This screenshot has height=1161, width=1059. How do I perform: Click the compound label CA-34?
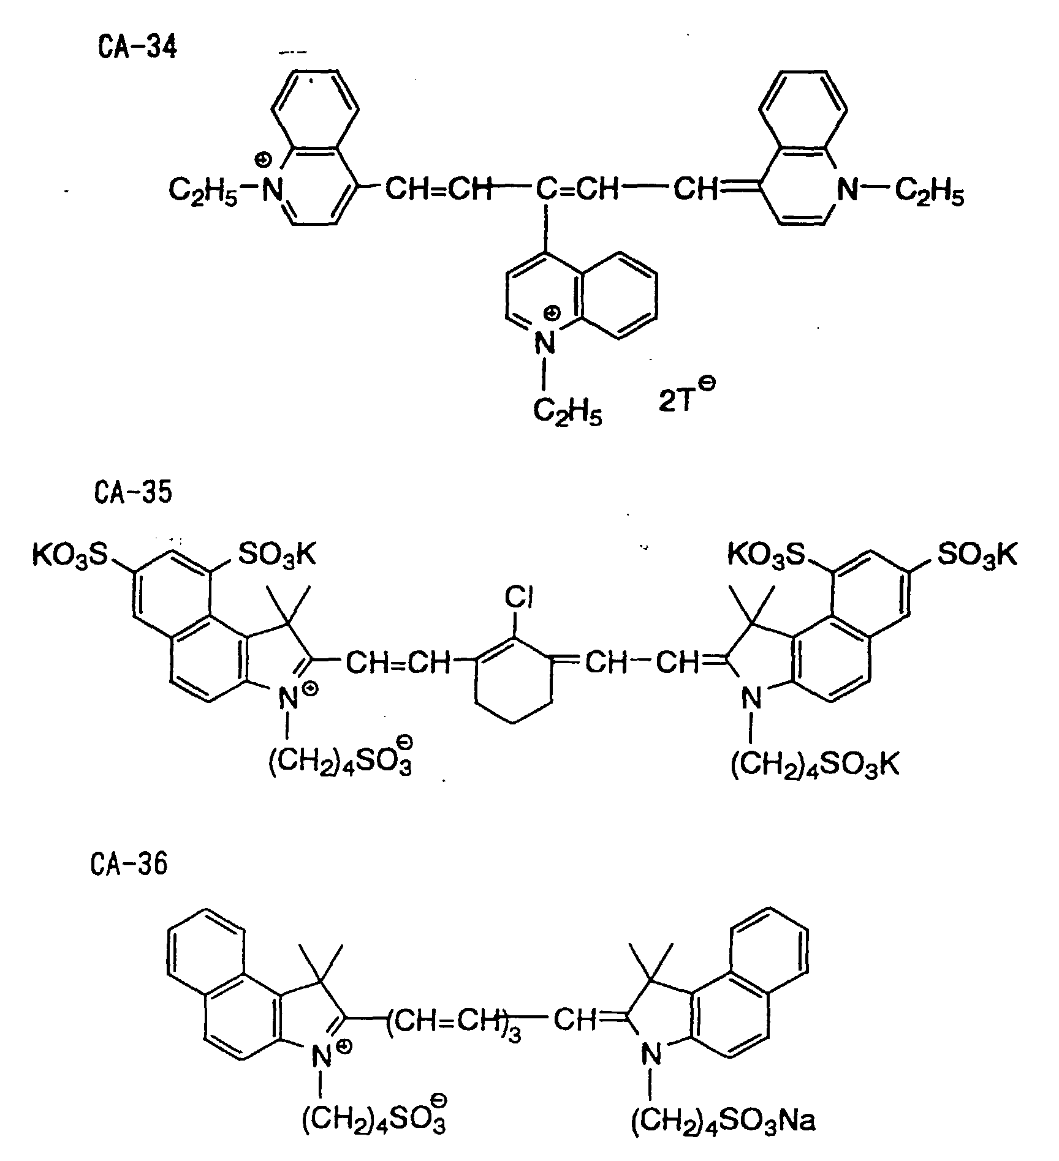pyautogui.click(x=137, y=47)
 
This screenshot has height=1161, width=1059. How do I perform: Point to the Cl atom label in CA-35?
pyautogui.click(x=520, y=597)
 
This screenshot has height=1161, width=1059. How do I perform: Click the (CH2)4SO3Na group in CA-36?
pyautogui.click(x=723, y=1120)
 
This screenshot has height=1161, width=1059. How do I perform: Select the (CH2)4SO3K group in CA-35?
pyautogui.click(x=814, y=765)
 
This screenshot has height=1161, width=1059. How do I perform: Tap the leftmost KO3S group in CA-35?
pyautogui.click(x=70, y=555)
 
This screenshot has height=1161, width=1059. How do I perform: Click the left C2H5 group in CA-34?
pyautogui.click(x=203, y=192)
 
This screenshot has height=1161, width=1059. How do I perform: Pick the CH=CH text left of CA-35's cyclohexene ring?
pyautogui.click(x=398, y=663)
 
